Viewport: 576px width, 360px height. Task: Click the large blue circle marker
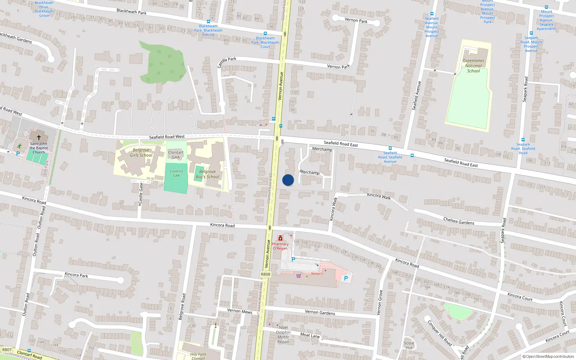[x=288, y=180]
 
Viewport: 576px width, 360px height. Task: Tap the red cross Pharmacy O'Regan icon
[x=280, y=238]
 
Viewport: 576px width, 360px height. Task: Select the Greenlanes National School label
[x=473, y=66]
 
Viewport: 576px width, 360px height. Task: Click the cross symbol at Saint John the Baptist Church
[x=39, y=137]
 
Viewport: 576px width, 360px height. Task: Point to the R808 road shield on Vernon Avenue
[x=265, y=274]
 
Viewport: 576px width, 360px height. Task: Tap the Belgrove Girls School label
[x=141, y=153]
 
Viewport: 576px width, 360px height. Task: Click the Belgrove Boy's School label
[x=207, y=174]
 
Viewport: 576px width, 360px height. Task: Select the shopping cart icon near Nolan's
[x=298, y=276]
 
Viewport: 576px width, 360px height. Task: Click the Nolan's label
[x=317, y=274]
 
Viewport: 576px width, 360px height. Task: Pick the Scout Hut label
[x=409, y=345]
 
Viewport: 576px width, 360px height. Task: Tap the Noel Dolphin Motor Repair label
[x=283, y=335]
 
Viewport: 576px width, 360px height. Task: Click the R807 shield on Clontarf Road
[x=7, y=350]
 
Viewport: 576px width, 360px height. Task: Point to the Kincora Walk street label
[x=379, y=196]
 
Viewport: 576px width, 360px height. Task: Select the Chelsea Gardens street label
[x=459, y=221]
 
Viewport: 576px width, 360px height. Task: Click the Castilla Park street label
[x=226, y=62]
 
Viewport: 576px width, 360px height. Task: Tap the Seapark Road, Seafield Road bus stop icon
[x=523, y=140]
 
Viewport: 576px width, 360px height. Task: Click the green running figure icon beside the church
[x=19, y=146]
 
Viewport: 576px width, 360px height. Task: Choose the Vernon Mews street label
[x=239, y=311]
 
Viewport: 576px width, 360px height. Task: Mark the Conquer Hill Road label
[x=440, y=333]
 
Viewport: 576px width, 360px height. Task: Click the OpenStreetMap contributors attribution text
[x=548, y=356]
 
